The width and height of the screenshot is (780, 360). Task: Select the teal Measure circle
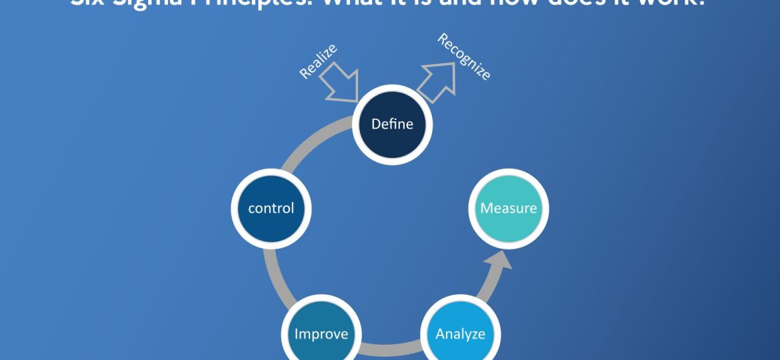tap(509, 209)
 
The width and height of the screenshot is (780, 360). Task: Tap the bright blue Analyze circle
tap(460, 333)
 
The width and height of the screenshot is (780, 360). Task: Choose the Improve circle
tap(321, 333)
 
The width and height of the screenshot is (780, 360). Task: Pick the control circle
tap(271, 209)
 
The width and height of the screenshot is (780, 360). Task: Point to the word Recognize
tap(464, 57)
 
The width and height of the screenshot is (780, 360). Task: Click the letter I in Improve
tap(297, 333)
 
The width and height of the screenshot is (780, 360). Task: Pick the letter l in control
tap(291, 208)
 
